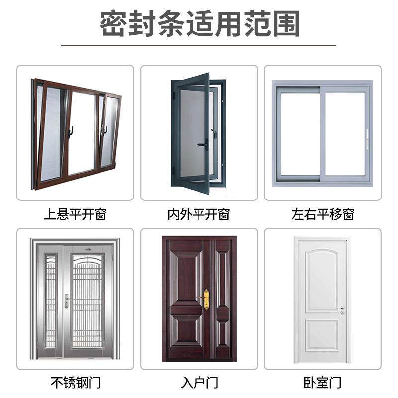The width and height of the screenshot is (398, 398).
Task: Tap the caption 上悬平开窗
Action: (75, 215)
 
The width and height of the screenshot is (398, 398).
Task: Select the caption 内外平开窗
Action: (199, 215)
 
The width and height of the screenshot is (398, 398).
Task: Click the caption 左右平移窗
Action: (322, 215)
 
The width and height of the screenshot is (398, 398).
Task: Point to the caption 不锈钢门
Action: (75, 383)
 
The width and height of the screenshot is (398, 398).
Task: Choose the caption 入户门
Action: (199, 383)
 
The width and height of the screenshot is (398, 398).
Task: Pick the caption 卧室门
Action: (322, 383)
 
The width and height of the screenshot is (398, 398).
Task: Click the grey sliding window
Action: (322, 133)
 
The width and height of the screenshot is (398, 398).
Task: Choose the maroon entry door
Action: (199, 298)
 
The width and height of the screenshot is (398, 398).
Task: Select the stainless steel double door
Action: (76, 298)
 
